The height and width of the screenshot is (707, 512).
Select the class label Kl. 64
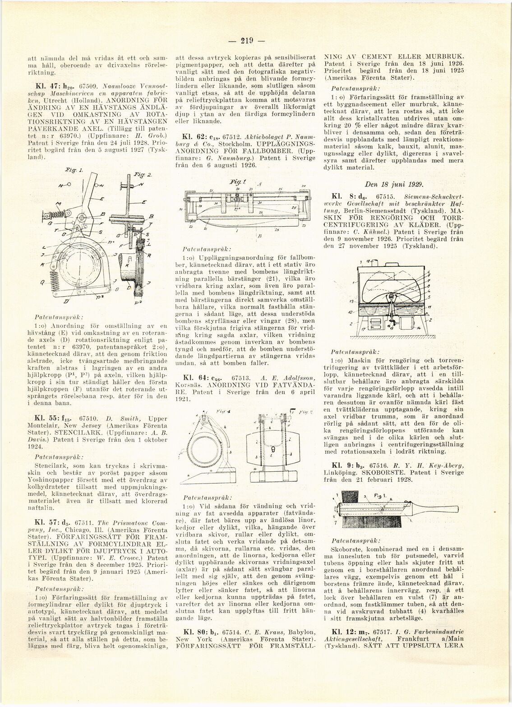coord(194,377)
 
